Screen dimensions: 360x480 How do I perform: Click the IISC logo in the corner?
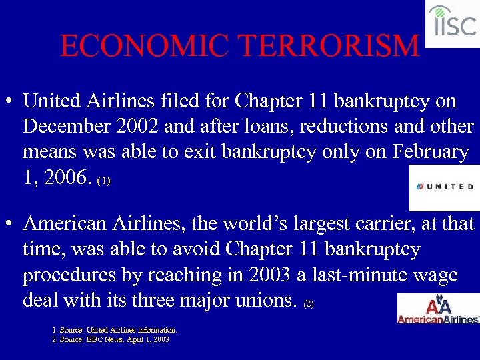coord(453,23)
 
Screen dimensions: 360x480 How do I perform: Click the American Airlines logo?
coord(438,310)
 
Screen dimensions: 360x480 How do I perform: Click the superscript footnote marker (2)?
coord(307,304)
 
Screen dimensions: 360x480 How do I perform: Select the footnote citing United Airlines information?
coord(115,330)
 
